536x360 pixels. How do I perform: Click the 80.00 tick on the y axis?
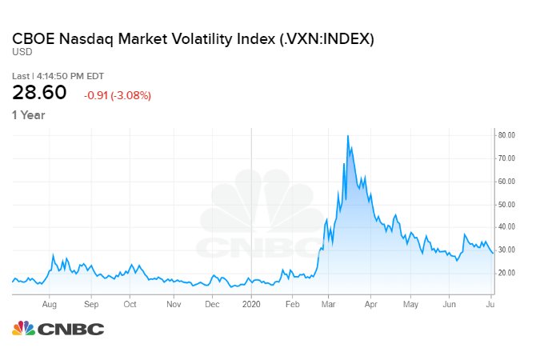click(507, 135)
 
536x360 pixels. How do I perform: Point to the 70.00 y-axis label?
click(507, 158)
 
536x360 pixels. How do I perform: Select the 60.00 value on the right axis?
click(507, 181)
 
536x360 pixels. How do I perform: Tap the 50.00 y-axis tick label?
click(507, 204)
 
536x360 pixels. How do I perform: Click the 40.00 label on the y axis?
click(507, 226)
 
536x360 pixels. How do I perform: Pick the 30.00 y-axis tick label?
click(507, 250)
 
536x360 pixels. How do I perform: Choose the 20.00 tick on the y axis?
click(507, 273)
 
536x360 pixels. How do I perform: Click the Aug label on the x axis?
click(50, 304)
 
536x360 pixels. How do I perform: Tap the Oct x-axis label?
click(130, 304)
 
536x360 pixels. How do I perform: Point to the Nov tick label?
click(174, 304)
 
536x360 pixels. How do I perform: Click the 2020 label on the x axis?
click(251, 304)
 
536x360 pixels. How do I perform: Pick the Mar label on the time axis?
click(328, 304)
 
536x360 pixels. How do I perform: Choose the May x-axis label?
click(410, 304)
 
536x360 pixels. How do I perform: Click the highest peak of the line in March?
click(348, 136)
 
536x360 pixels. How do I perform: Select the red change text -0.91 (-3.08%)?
click(118, 95)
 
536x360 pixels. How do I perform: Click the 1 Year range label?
click(28, 115)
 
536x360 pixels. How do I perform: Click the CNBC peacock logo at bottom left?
click(24, 329)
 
